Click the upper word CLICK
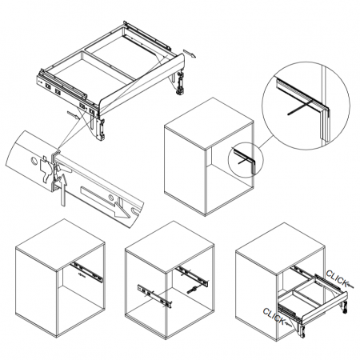click(x=337, y=278)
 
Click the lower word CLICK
click(x=274, y=316)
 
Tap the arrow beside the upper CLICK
click(x=350, y=286)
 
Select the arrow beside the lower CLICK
click(x=287, y=324)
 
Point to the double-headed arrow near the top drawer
click(x=190, y=54)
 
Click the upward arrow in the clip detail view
click(x=62, y=190)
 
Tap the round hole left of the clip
click(x=34, y=161)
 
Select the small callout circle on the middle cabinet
click(x=246, y=160)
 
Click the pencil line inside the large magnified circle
click(x=299, y=108)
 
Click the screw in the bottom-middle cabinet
click(x=193, y=290)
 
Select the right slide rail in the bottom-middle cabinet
click(x=192, y=277)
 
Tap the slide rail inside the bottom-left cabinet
click(x=87, y=272)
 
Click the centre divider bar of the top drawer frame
click(x=109, y=65)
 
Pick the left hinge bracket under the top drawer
click(x=98, y=127)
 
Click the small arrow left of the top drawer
click(x=73, y=114)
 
